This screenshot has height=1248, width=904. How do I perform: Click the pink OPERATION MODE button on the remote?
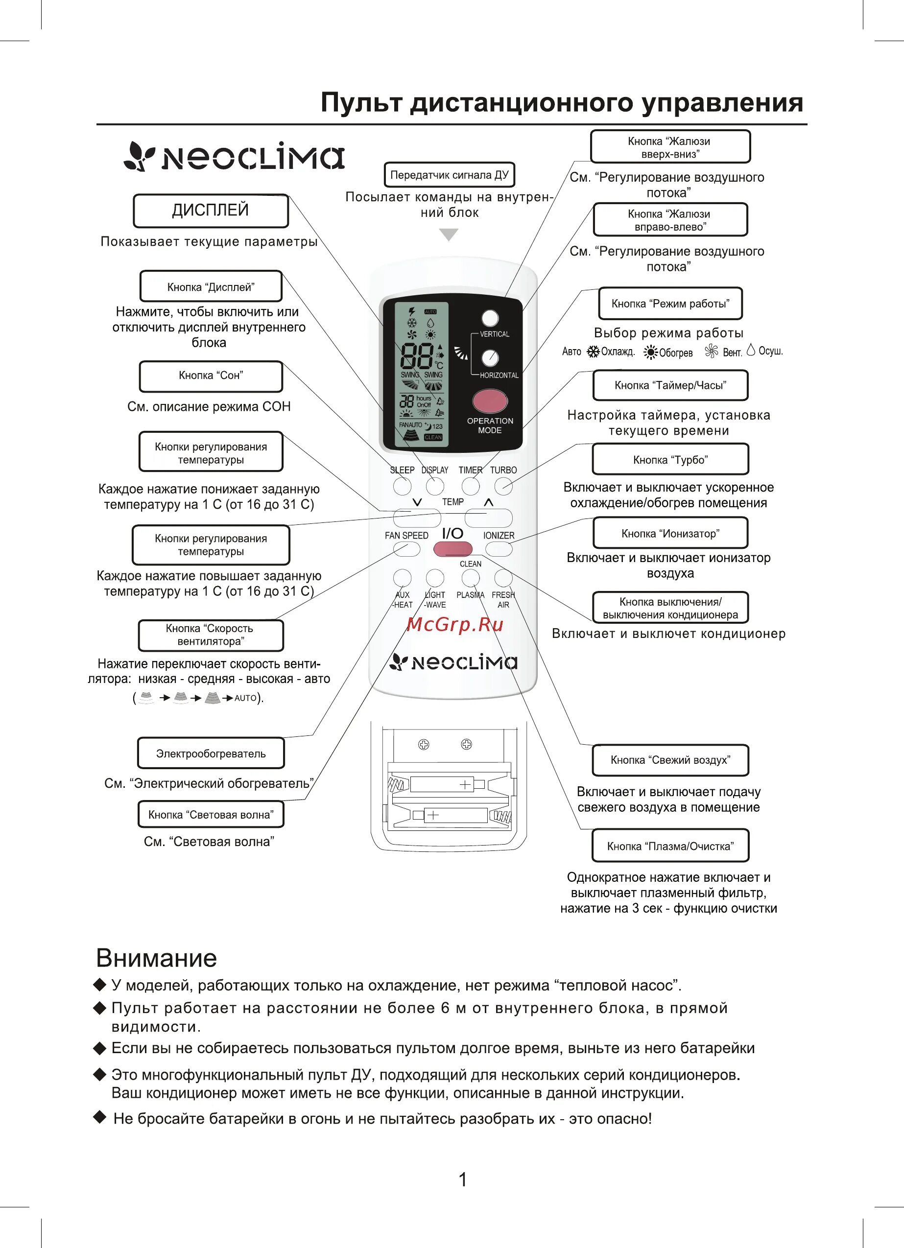click(x=489, y=401)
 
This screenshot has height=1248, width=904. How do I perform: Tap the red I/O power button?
click(x=452, y=549)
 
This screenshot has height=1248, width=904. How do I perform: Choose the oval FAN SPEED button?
click(x=406, y=549)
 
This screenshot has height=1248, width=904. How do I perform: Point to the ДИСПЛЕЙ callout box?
click(x=210, y=210)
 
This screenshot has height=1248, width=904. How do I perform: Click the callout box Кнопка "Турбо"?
click(x=670, y=459)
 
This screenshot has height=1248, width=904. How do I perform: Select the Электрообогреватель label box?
click(x=210, y=754)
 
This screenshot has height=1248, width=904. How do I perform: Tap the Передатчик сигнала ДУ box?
click(x=449, y=175)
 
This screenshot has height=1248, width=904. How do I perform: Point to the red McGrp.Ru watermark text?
click(x=455, y=625)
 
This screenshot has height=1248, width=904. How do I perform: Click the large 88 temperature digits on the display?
click(x=416, y=356)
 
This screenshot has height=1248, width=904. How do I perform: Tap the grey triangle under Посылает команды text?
click(x=449, y=235)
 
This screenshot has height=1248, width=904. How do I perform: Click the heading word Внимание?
click(x=156, y=958)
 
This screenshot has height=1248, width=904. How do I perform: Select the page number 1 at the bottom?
click(x=462, y=1179)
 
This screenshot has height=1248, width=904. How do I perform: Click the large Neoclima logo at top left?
click(x=235, y=157)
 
